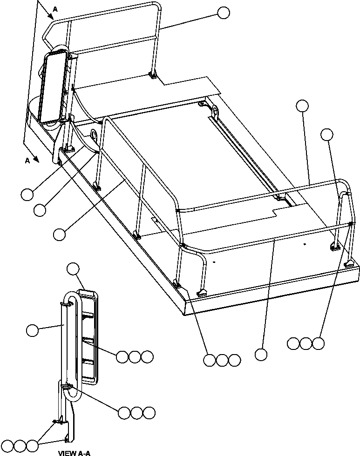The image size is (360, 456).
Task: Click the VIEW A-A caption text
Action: (75, 452)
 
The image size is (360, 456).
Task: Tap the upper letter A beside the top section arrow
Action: (55, 9)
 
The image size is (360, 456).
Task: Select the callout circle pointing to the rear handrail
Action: (224, 13)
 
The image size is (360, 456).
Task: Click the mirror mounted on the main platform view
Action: (52, 87)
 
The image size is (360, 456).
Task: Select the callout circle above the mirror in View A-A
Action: (74, 268)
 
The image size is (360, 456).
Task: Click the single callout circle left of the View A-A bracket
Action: (32, 330)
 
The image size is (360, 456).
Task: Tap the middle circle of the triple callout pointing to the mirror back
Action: (135, 357)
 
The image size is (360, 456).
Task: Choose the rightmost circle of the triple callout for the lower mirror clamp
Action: (149, 413)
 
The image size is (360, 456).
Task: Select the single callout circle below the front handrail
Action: (261, 355)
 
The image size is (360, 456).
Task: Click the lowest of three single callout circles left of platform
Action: (60, 234)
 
